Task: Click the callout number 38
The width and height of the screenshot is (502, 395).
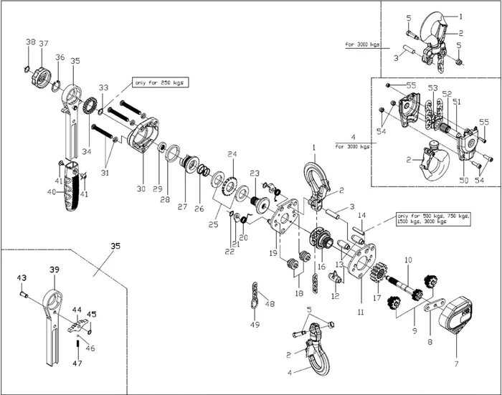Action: point(30,42)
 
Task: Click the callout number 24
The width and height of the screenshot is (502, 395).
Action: point(232,154)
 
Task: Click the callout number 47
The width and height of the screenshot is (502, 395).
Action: point(77,363)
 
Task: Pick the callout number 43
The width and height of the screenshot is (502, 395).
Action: point(21,278)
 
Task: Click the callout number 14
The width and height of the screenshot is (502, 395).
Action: point(362,215)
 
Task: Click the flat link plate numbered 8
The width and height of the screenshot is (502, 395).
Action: point(431,308)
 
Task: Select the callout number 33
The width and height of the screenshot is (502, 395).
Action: point(104,87)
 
